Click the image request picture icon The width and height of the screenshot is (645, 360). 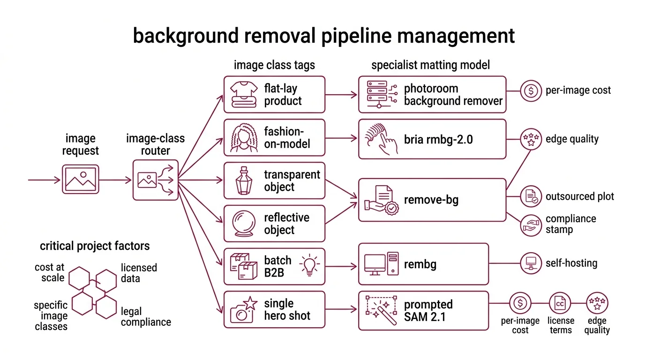click(x=81, y=180)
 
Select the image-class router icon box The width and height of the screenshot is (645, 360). click(x=155, y=180)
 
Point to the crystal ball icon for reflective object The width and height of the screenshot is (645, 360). click(x=243, y=224)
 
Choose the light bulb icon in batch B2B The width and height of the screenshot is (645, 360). click(x=309, y=265)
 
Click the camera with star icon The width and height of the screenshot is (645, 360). click(x=244, y=309)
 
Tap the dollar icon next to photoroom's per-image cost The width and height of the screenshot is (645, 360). click(x=531, y=90)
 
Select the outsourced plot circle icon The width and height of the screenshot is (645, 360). click(x=531, y=196)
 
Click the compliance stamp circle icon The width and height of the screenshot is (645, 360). click(x=531, y=225)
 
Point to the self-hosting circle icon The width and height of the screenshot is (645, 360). click(x=531, y=263)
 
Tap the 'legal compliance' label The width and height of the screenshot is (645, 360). click(x=145, y=317)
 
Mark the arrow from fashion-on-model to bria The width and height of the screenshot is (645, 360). click(x=341, y=138)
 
